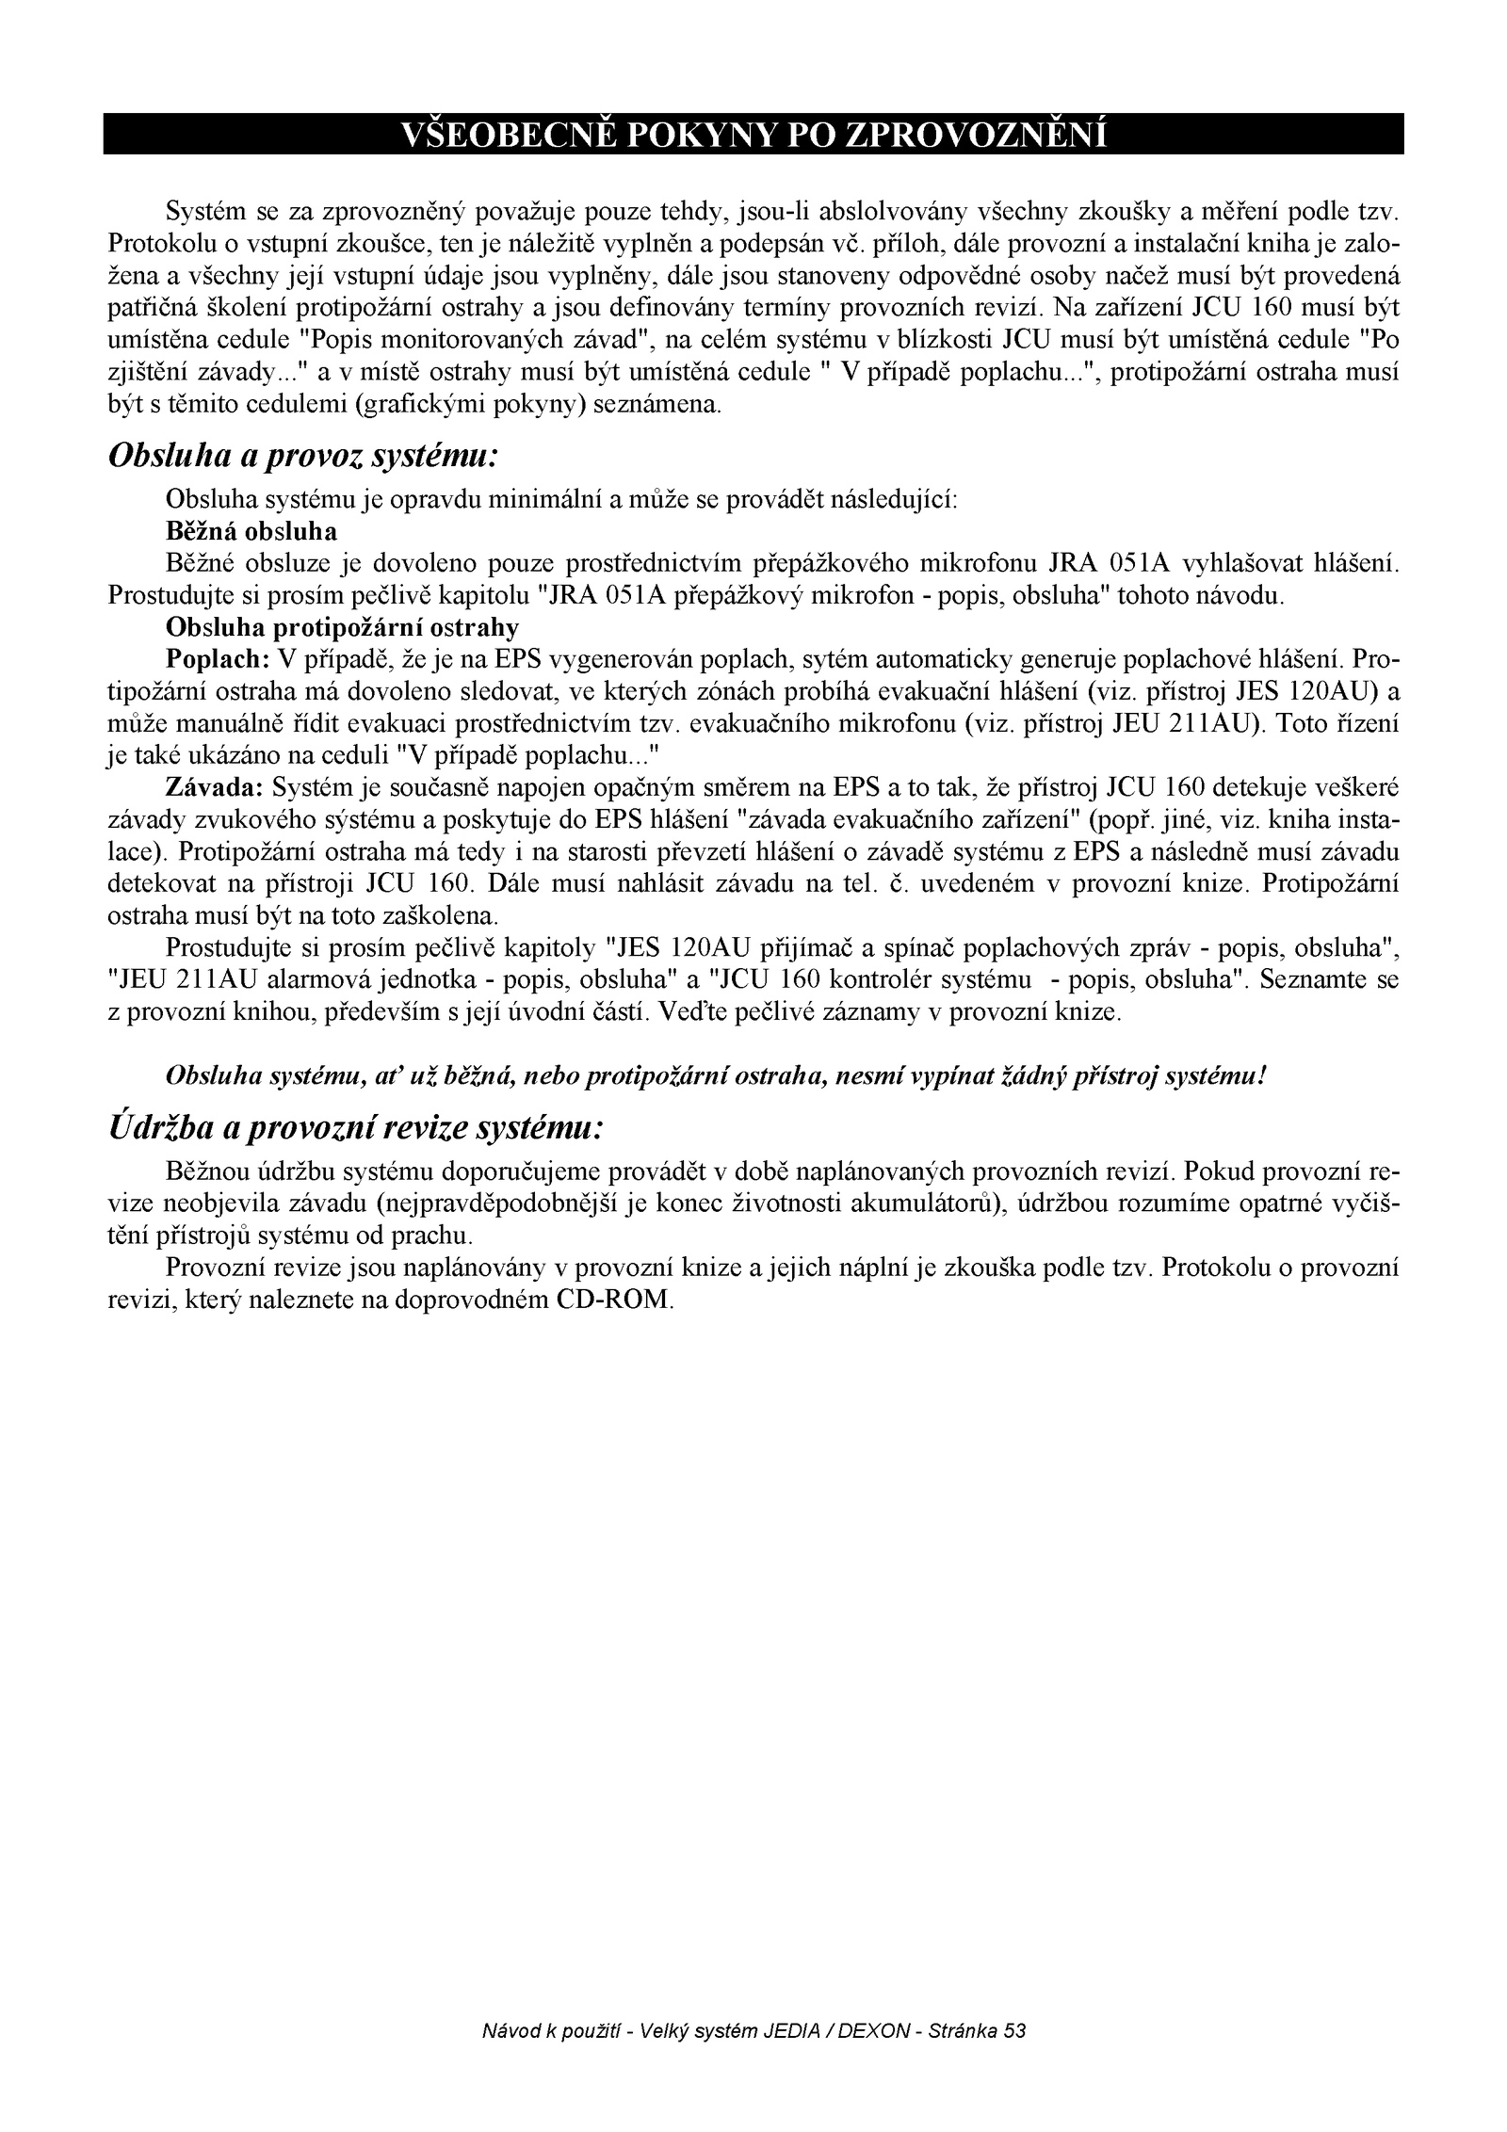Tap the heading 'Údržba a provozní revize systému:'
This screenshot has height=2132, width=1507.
click(355, 1127)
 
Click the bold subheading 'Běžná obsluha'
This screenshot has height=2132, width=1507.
click(251, 532)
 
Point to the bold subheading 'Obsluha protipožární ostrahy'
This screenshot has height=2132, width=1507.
click(342, 626)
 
